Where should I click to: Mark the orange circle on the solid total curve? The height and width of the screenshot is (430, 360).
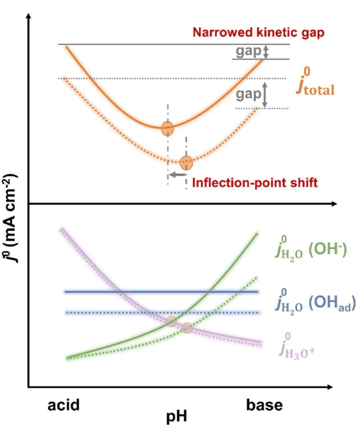168,128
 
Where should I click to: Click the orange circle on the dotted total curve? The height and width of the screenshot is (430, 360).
186,162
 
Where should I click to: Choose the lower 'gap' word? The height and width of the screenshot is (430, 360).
248,94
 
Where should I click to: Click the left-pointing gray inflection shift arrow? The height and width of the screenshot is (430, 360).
176,175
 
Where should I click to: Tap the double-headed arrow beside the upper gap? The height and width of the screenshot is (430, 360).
266,51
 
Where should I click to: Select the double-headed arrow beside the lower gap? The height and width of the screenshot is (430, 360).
265,94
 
